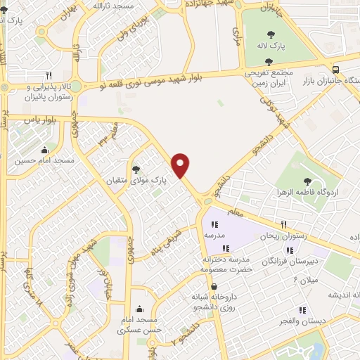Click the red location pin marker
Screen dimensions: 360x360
181,165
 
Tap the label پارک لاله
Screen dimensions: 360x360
269,46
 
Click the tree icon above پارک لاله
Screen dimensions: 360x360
269,34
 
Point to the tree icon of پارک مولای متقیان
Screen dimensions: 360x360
136,169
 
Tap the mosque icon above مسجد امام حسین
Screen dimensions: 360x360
45,150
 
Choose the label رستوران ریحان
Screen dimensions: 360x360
283,236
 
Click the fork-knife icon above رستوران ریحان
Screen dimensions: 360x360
283,225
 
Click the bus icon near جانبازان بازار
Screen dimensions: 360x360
336,69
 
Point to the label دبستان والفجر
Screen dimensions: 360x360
303,321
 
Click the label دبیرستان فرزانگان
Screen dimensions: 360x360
274,261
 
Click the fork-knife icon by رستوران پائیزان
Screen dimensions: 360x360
49,75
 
